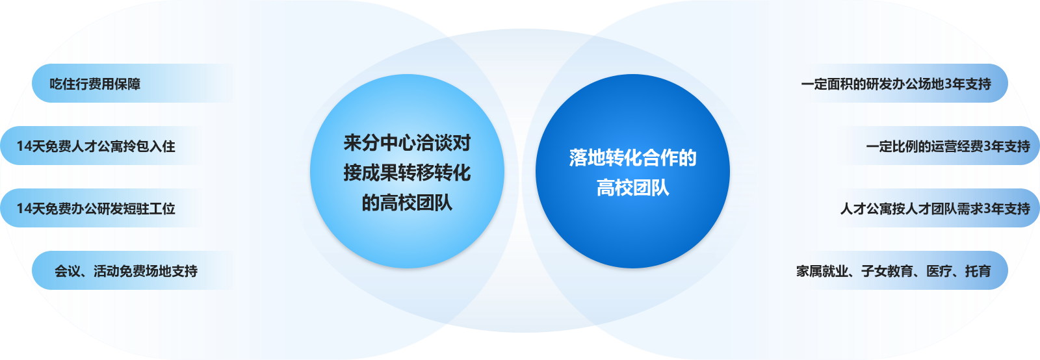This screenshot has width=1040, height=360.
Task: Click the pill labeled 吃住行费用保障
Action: pos(133,83)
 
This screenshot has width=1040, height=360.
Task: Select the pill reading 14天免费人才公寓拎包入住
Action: pos(101,146)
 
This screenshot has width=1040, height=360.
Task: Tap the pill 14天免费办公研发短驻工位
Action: pos(101,208)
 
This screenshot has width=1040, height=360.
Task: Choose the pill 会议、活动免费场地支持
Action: pos(133,270)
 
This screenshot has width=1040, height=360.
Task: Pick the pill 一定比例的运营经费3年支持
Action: pos(938,146)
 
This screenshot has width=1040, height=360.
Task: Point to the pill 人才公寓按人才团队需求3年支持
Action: pos(938,208)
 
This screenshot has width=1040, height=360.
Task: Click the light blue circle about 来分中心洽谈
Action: pos(407,171)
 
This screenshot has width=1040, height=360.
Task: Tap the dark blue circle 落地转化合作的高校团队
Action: pos(633,171)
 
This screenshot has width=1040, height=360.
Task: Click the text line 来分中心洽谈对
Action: pos(407,143)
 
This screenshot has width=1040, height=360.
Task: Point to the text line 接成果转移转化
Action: pos(407,173)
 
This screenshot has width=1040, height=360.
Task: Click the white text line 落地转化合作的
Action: pos(633,158)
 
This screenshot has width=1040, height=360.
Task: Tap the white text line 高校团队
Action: pos(633,188)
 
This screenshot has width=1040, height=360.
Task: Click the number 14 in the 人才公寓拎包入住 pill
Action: pos(23,146)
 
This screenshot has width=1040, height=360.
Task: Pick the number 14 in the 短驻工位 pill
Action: pos(23,209)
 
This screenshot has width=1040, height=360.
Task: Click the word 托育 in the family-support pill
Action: pos(978,271)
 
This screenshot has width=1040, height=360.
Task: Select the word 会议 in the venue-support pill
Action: pos(68,271)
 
